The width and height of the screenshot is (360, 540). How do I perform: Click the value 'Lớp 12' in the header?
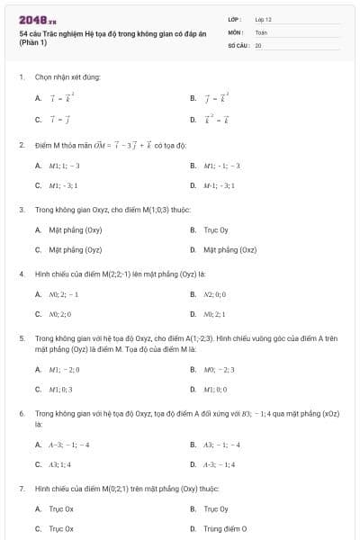coord(264,18)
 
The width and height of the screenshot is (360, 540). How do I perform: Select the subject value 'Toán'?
coord(261,31)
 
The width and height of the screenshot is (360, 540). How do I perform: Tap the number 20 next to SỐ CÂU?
coord(258,44)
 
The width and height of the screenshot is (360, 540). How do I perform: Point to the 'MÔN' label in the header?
coord(235,31)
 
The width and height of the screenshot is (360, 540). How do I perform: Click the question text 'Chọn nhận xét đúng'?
coord(67,77)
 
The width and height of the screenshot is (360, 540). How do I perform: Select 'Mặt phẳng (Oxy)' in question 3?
coord(75,229)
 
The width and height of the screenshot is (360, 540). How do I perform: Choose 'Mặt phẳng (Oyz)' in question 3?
coord(75,250)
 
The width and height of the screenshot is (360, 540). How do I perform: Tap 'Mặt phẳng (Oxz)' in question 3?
coord(229,250)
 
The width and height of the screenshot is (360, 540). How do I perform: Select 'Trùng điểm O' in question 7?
coord(225,529)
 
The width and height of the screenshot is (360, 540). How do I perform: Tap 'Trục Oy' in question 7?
coord(216,508)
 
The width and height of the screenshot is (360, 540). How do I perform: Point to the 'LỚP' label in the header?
coord(235,18)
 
